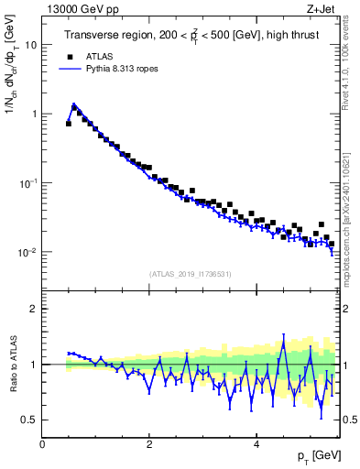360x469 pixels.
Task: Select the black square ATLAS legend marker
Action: (67, 55)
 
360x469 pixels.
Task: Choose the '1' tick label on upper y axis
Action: (33, 114)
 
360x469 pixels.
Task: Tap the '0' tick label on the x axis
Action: (43, 444)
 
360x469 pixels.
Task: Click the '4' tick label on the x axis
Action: (256, 444)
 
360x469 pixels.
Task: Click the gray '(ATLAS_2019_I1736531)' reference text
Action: (191, 274)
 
